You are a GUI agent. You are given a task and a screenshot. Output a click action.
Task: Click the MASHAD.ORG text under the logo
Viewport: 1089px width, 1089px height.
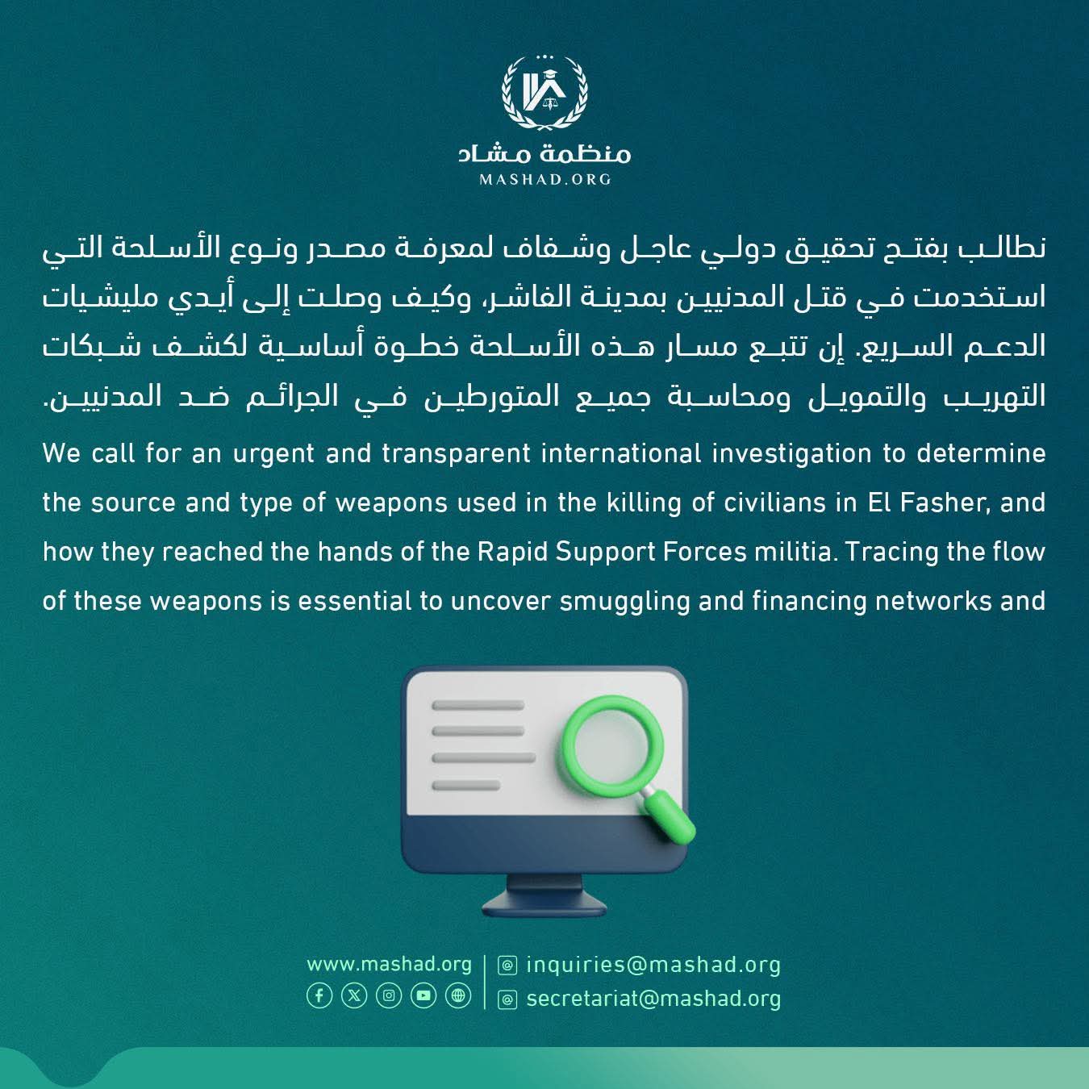point(544,179)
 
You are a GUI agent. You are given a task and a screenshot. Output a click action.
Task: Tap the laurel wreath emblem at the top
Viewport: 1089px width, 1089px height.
point(544,93)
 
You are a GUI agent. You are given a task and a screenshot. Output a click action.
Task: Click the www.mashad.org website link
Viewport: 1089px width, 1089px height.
point(389,965)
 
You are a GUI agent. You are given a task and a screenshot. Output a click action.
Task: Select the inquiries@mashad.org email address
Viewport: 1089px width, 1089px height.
point(653,965)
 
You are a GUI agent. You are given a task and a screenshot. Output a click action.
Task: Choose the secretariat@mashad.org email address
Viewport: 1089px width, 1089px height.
point(653,999)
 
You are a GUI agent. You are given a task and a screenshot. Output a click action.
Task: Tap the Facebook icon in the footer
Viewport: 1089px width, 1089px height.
point(319,996)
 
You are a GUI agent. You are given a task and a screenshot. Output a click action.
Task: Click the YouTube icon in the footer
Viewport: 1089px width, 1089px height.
point(423,996)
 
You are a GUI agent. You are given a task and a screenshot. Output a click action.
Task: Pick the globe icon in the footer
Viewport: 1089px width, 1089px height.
point(458,996)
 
